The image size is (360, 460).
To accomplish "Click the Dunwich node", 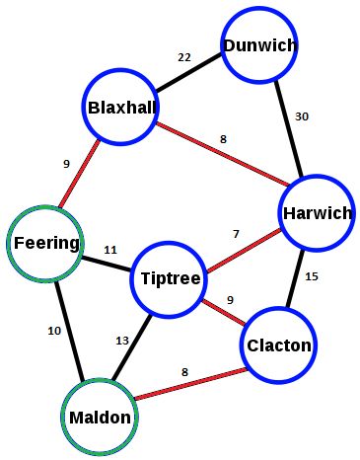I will pos(259,45).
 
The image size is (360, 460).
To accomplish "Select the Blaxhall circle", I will pos(121,108).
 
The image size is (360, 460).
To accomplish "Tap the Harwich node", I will pos(316,212).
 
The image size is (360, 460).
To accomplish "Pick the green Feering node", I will pos(45,243).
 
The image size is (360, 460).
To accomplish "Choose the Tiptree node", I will pos(170,279).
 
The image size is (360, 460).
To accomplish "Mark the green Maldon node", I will pos(99,417).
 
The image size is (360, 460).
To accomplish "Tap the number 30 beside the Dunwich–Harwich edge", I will pos(304,117).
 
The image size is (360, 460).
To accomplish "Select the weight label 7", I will pos(236,234).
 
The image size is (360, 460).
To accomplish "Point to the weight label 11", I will pos(110,251).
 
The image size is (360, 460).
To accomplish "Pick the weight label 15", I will pos(312,276).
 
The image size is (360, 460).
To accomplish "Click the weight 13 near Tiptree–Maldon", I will pos(122,341).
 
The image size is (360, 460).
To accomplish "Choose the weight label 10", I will pos(54,331).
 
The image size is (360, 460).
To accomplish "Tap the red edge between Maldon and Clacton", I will pos(187,383).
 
